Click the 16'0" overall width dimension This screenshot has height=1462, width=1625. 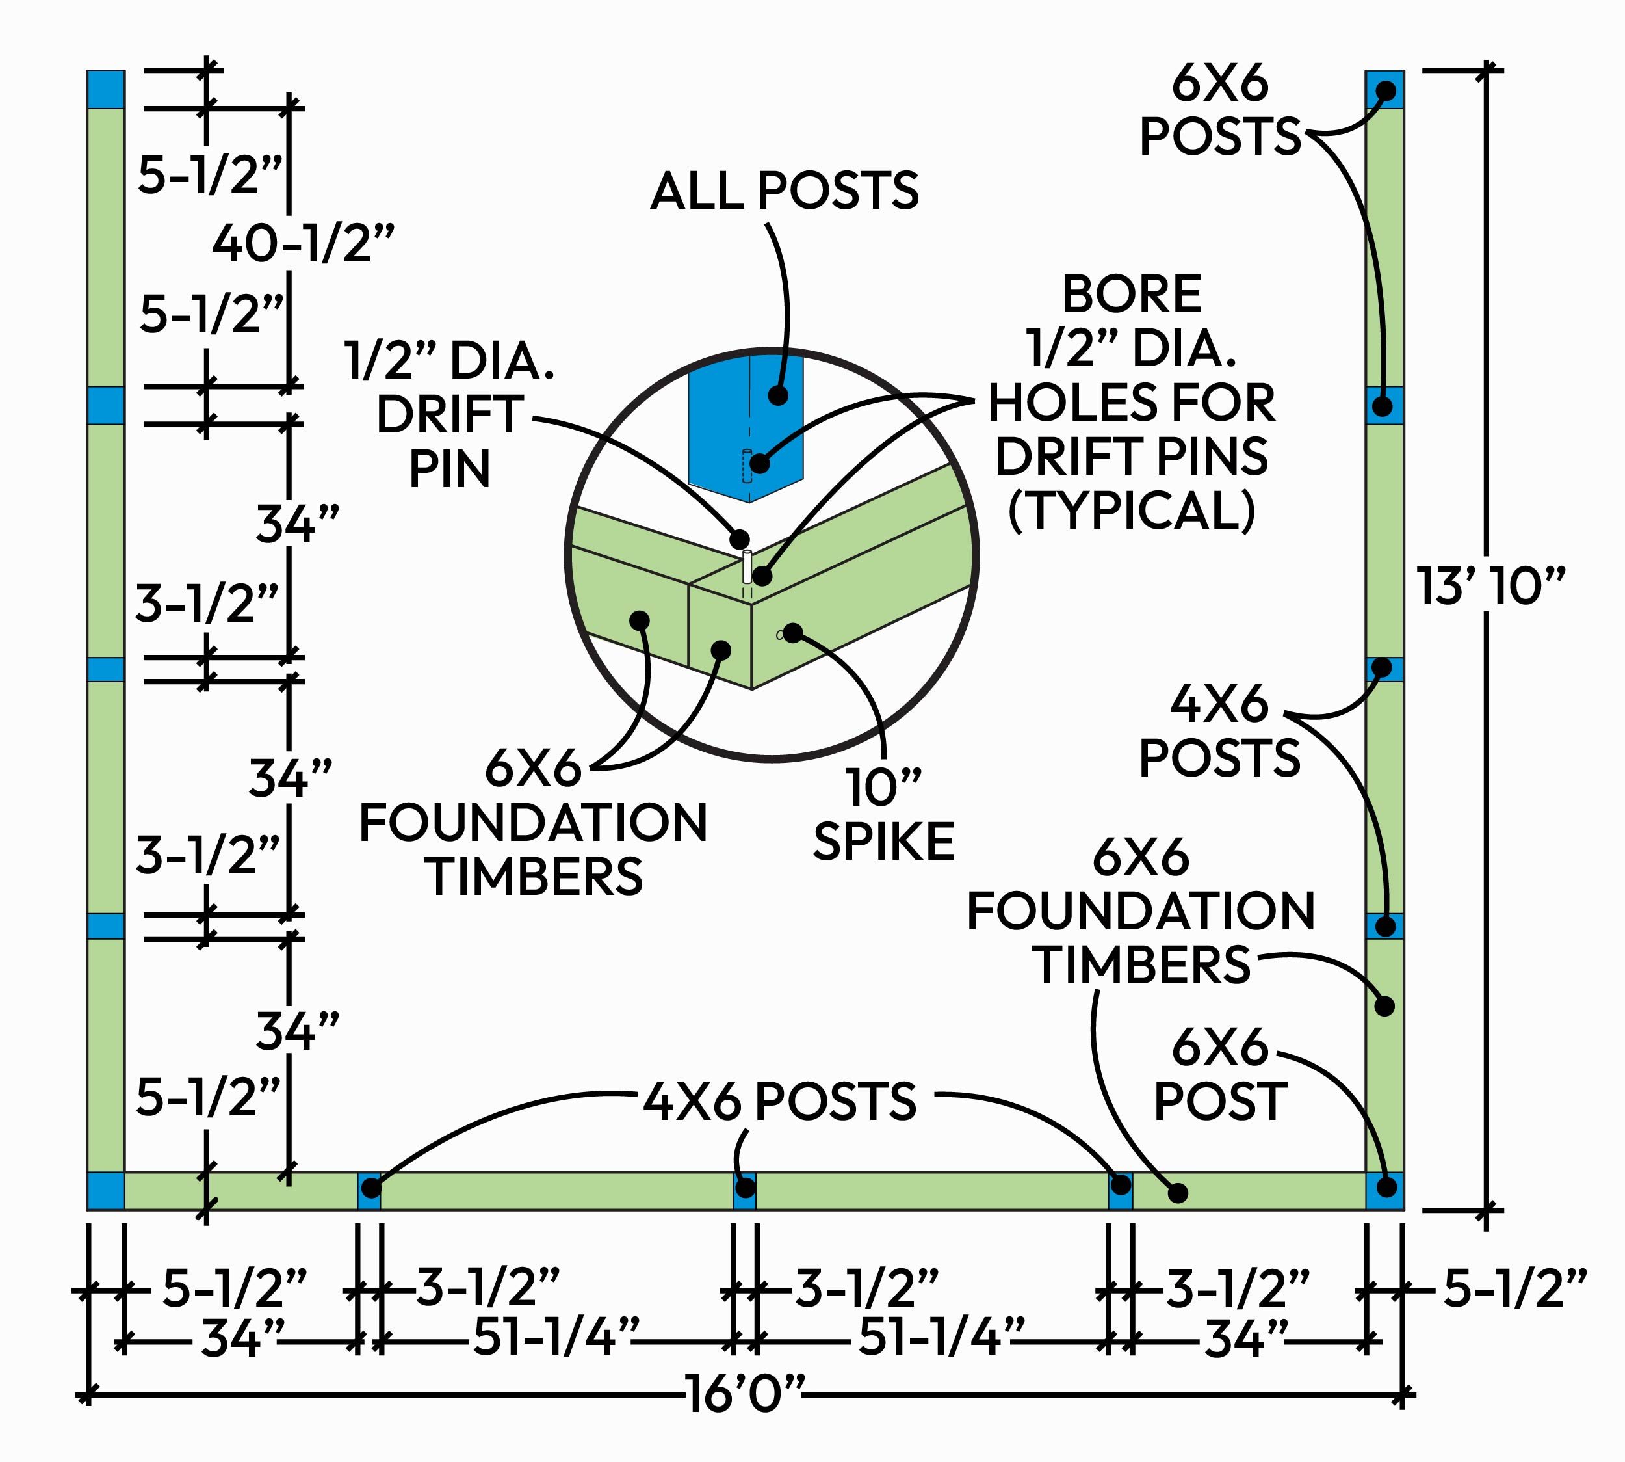pos(744,1394)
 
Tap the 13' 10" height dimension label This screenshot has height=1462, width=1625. pos(1490,587)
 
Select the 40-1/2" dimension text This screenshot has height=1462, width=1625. pos(304,243)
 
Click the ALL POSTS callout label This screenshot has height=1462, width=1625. pos(785,191)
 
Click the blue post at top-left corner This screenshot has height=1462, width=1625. pos(106,89)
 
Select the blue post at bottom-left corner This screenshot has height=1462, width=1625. pos(105,1191)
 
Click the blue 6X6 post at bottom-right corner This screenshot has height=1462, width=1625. pos(1385,1191)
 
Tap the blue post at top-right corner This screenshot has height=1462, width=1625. pos(1385,89)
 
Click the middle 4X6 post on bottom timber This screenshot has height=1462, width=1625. pos(744,1191)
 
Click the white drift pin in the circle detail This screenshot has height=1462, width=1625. pos(747,566)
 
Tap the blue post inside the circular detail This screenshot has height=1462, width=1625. pos(747,421)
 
